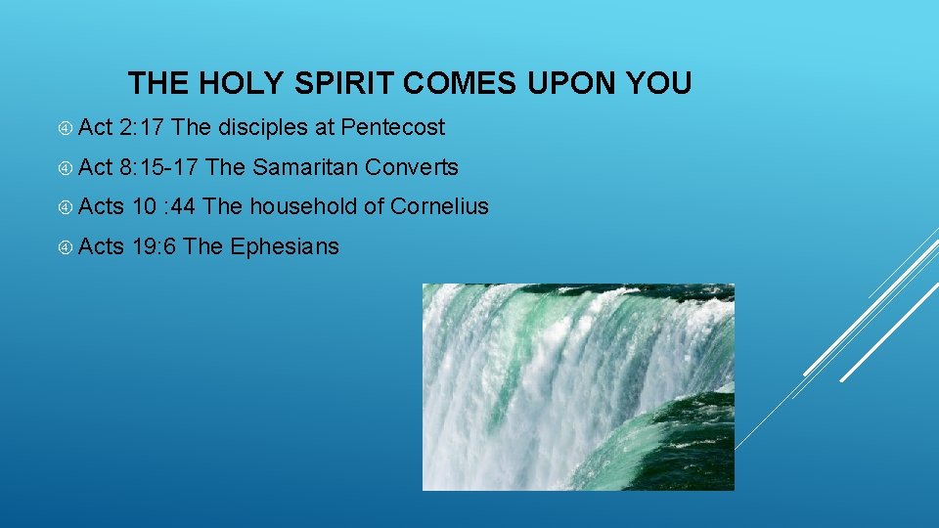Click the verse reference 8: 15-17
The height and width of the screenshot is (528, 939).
[159, 167]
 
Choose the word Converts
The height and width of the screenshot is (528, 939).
[412, 167]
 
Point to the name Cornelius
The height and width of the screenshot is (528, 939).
[439, 206]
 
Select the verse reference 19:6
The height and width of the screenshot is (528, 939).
[154, 246]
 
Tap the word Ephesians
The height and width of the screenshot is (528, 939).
[285, 246]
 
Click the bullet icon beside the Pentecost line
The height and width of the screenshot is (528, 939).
[64, 128]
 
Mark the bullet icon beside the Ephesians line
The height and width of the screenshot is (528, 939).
[64, 247]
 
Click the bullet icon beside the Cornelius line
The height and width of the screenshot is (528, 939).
[64, 207]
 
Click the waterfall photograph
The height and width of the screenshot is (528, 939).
[577, 386]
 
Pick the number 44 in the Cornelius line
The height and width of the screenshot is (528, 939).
[183, 206]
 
